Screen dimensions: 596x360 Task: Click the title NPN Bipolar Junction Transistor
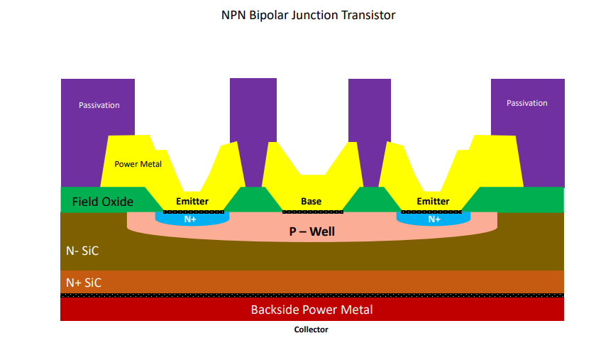coord(308,15)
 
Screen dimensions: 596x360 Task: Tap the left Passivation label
coord(99,105)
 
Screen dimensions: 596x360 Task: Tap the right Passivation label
coord(526,103)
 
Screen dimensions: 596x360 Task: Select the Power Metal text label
coord(138,164)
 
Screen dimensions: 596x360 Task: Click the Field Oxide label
coord(103,202)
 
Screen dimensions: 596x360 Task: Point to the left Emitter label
coord(192,202)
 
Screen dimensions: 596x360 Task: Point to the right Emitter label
coord(433,202)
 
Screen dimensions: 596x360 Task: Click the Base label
coord(311,202)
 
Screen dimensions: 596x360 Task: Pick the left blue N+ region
coord(192,219)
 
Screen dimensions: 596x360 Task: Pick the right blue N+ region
coord(434,219)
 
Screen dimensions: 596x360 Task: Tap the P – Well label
coord(312,231)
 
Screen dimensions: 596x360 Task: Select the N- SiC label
coord(82,251)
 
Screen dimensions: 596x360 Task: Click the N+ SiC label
coord(84,283)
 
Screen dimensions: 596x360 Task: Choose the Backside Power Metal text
coord(311,310)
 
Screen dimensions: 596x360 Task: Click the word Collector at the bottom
coord(311,329)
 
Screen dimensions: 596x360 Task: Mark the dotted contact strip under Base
coord(313,212)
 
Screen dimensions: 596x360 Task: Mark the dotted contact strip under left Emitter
coord(194,212)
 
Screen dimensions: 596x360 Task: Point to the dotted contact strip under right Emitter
coord(431,212)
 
